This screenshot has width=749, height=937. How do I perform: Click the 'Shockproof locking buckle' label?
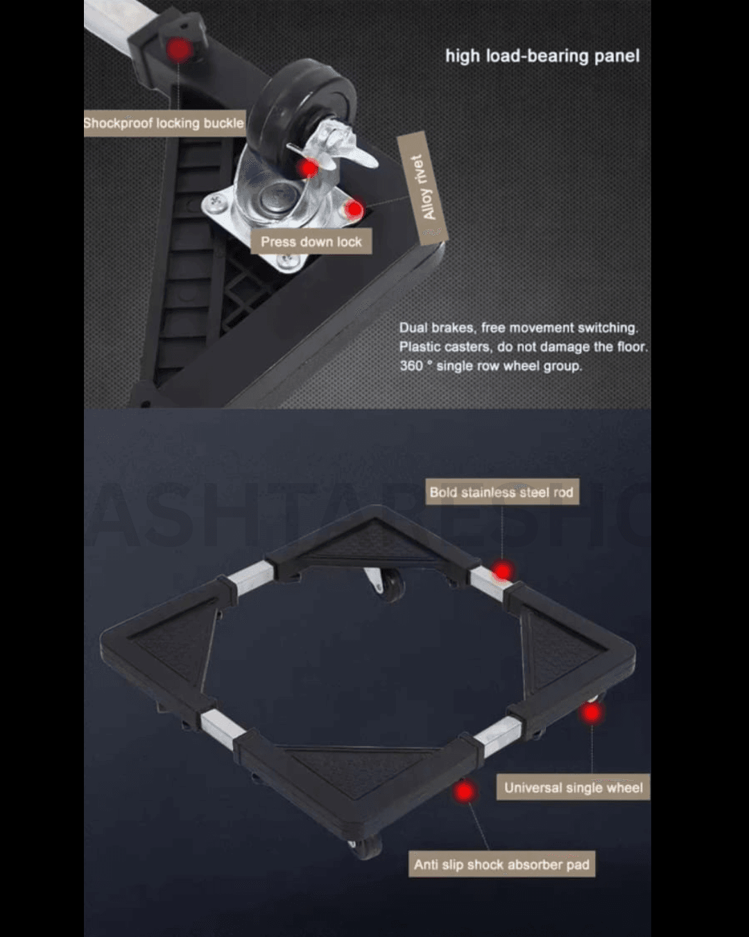click(x=164, y=124)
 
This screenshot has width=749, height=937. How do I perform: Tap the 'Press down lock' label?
click(x=311, y=242)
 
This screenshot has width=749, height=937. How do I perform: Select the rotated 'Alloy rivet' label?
click(x=423, y=188)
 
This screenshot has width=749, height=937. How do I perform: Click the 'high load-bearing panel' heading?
click(x=542, y=56)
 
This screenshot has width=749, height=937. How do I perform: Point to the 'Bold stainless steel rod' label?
click(x=502, y=492)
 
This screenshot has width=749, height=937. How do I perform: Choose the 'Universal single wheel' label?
click(x=573, y=787)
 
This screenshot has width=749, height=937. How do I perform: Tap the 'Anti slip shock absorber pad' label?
click(x=502, y=864)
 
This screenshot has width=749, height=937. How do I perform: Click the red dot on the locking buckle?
click(x=178, y=50)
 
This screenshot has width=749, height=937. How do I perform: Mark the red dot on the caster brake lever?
click(x=309, y=168)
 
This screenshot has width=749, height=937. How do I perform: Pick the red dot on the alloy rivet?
click(x=354, y=210)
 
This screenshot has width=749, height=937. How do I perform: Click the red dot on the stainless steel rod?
click(x=502, y=571)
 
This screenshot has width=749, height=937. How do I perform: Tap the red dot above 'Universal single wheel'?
click(x=592, y=713)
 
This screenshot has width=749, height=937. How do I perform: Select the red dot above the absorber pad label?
click(x=465, y=791)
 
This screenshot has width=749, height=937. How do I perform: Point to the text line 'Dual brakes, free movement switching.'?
click(x=518, y=328)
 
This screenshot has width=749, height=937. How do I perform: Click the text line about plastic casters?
click(x=524, y=346)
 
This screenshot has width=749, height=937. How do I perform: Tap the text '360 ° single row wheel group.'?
click(x=490, y=366)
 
